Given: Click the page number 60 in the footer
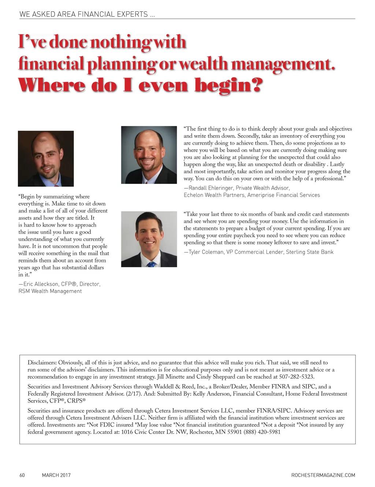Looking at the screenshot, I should [22, 475].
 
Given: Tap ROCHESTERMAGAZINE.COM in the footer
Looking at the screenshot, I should [323, 475].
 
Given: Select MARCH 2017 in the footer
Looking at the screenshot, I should [56, 475].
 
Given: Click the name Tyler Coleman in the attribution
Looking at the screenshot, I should [206, 252].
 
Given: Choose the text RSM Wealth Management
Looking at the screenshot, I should [50, 291].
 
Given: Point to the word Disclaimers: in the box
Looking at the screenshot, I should [42, 363].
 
